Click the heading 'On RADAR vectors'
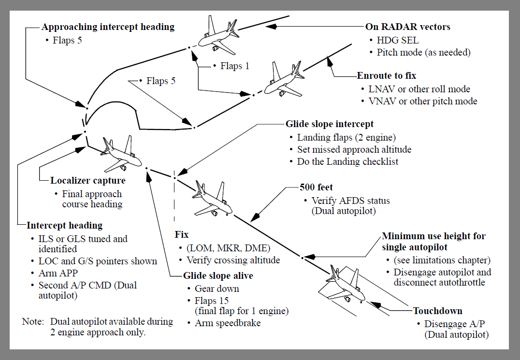click(408, 27)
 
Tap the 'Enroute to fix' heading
click(387, 76)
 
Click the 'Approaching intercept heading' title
click(108, 27)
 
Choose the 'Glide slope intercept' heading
click(330, 124)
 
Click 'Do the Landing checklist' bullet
click(347, 162)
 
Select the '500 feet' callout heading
click(317, 187)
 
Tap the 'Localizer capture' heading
click(88, 181)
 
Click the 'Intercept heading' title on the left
click(65, 225)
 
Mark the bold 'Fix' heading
click(181, 235)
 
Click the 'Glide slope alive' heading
click(218, 276)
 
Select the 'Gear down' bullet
click(217, 288)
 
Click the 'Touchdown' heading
click(438, 311)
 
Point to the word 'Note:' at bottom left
click(33, 321)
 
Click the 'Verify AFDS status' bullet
click(350, 201)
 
